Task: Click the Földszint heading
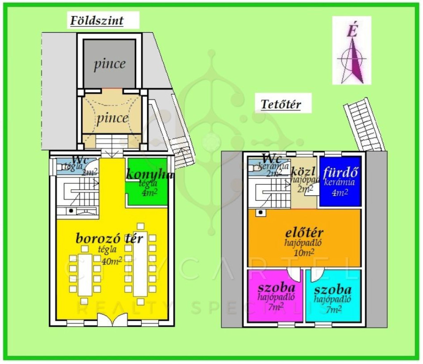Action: [x=97, y=20]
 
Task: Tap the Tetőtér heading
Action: [x=280, y=104]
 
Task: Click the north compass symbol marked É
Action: [x=352, y=50]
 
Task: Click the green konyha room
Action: [x=147, y=182]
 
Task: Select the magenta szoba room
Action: [x=275, y=296]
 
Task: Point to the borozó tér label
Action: [x=109, y=238]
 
